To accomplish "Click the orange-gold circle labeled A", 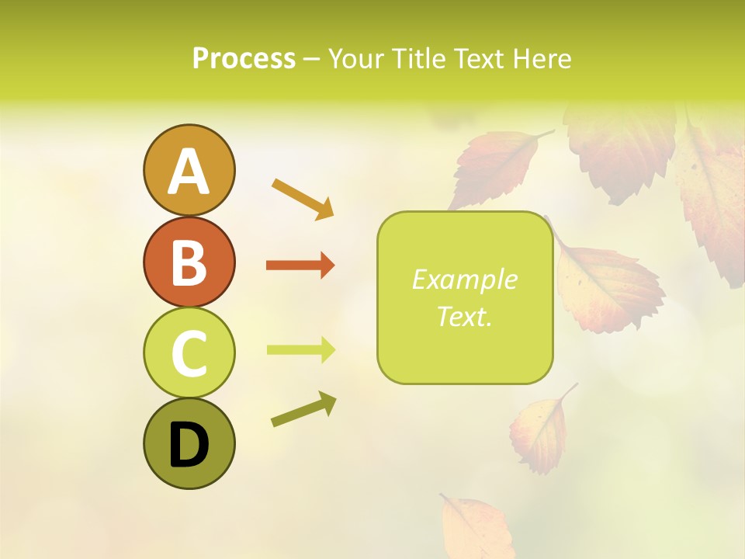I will (189, 170).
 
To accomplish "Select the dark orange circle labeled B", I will (189, 262).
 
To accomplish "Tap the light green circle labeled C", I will (189, 352).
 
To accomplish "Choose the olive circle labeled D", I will (189, 443).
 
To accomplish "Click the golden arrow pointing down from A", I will (303, 198).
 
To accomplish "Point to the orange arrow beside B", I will (300, 266).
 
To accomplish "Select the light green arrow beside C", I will (300, 350).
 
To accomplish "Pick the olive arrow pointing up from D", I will (303, 408).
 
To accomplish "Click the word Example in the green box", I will (464, 279).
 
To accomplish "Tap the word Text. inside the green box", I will (464, 316).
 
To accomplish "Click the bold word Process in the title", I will (244, 58).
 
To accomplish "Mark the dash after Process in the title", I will (312, 59).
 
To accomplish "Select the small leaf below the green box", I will (540, 432).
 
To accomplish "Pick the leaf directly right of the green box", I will (609, 283).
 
